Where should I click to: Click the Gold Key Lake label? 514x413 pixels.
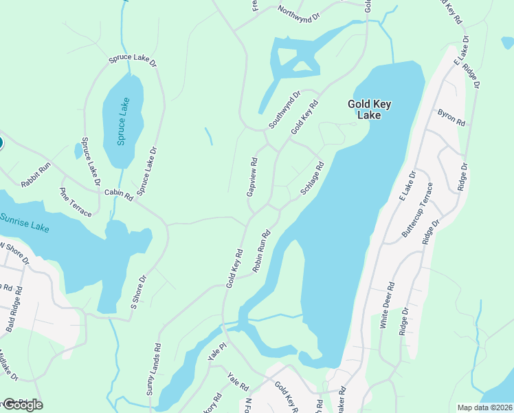(369, 110)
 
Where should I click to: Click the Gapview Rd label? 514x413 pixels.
(253, 177)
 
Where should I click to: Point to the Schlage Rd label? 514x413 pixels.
(311, 179)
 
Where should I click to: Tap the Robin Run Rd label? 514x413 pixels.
(262, 251)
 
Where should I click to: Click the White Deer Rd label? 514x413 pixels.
(387, 305)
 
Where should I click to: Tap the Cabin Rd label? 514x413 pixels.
(118, 195)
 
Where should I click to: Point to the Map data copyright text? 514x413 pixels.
(484, 407)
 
